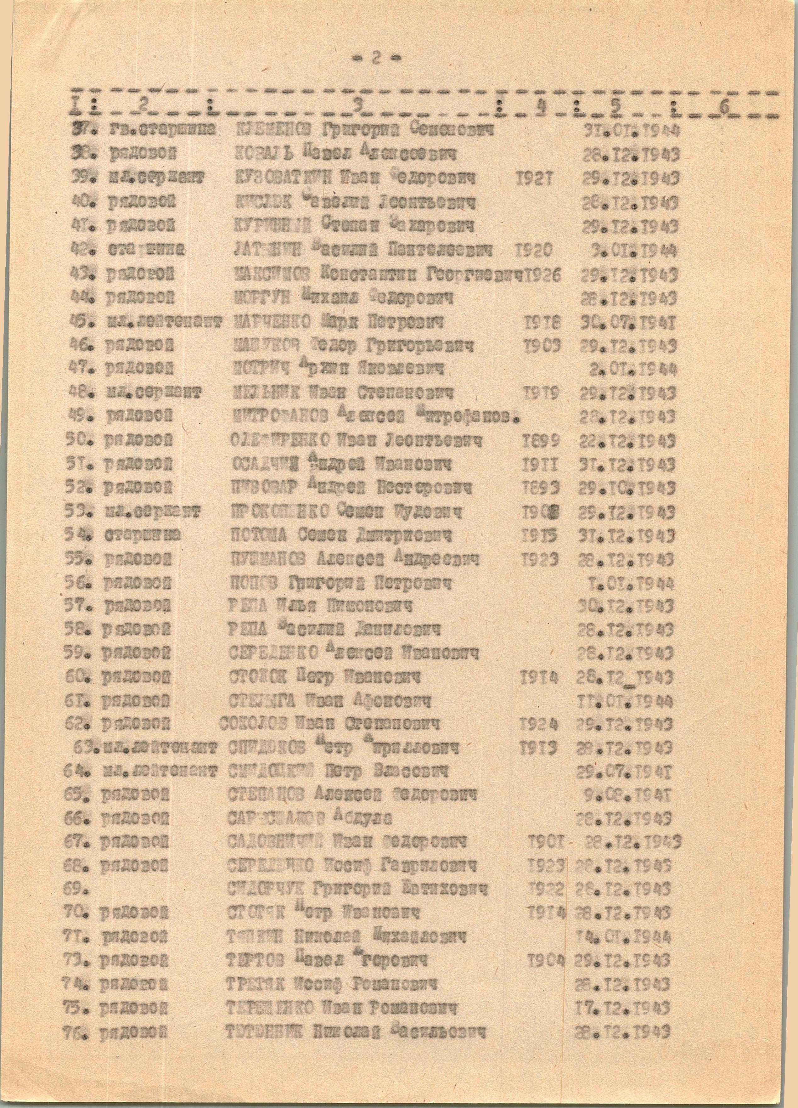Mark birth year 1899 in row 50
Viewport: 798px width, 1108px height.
pos(541,441)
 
